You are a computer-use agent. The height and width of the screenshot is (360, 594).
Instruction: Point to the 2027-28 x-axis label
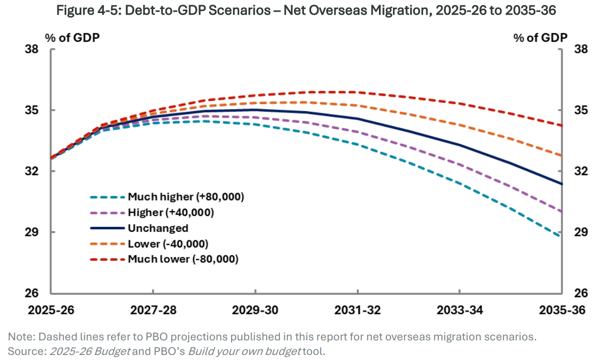coord(153,310)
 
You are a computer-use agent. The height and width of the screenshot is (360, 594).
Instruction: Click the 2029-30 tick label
coord(255,310)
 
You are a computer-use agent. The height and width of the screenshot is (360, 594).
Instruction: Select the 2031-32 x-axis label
coord(358,310)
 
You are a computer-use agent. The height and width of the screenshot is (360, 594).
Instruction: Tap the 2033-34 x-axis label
coord(460,310)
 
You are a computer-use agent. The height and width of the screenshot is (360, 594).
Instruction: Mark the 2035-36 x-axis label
coord(562,310)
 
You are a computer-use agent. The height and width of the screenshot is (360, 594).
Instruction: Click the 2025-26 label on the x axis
coord(52,310)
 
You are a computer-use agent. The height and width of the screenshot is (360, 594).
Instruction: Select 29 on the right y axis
coord(574,232)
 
